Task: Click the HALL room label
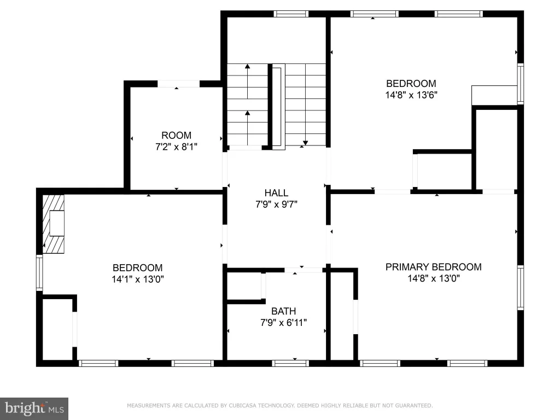[276, 193]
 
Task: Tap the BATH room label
[284, 311]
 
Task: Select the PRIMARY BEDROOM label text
[434, 267]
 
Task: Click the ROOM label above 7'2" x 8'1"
[177, 136]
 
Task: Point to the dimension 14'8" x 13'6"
[411, 95]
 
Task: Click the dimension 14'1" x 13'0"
[137, 279]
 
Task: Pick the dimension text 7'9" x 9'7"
[276, 205]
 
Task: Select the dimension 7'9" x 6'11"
[284, 323]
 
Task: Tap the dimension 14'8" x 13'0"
[434, 278]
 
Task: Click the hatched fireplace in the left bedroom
[54, 224]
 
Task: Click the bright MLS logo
[34, 409]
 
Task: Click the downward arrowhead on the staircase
[305, 143]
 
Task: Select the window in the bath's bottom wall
[290, 363]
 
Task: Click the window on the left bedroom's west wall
[39, 273]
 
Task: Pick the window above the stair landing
[291, 14]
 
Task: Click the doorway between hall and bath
[304, 270]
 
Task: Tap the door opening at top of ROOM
[179, 84]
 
